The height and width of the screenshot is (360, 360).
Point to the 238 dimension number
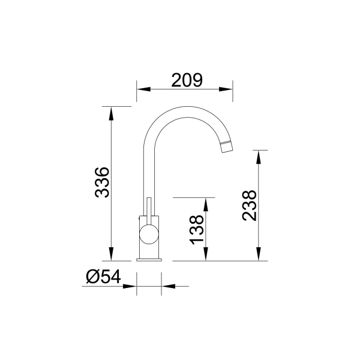[250, 206]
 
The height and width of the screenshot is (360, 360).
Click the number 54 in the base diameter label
[111, 277]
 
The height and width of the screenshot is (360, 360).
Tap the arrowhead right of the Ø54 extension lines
[167, 286]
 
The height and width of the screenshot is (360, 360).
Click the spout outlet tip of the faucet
[226, 146]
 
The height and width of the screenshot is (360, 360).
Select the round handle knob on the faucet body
[148, 234]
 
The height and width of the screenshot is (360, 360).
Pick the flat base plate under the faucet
[149, 259]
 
